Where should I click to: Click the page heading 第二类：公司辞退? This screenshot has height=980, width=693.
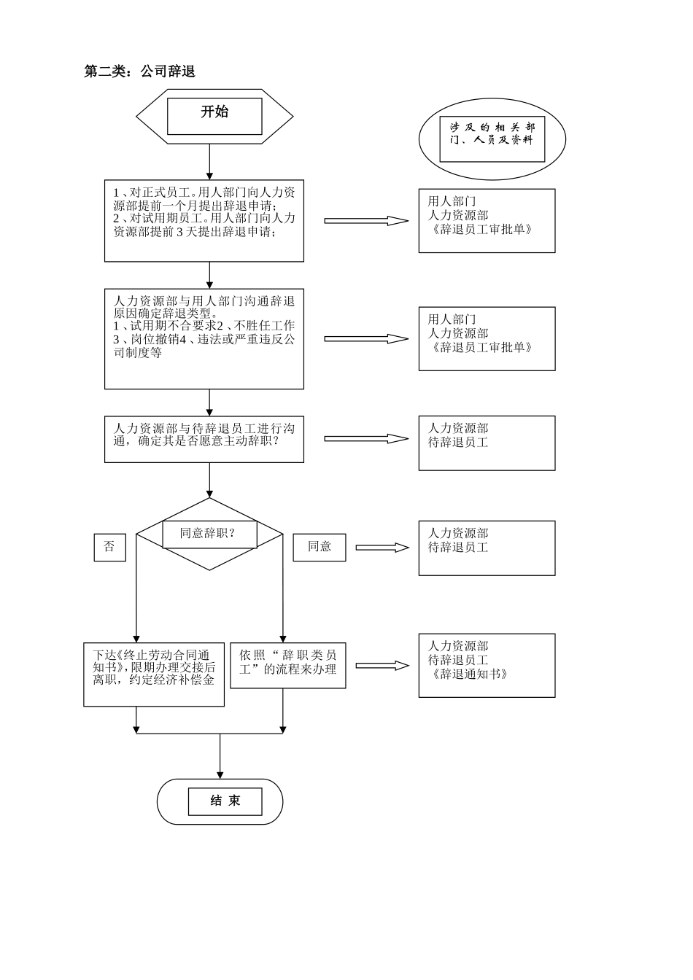[x=139, y=71]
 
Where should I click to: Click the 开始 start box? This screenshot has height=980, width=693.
[x=214, y=116]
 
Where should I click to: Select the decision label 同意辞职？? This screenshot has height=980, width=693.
[x=209, y=534]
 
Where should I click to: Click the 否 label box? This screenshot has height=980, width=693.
[x=109, y=547]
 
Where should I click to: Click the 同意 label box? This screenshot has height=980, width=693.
[x=319, y=547]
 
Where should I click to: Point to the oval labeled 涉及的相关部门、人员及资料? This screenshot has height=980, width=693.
[x=492, y=139]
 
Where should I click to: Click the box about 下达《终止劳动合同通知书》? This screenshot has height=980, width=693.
[x=153, y=674]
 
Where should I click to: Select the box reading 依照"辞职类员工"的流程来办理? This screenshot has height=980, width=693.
[x=287, y=665]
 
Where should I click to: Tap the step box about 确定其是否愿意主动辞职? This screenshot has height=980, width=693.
[x=204, y=440]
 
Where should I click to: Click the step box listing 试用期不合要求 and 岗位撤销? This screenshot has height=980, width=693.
[x=204, y=338]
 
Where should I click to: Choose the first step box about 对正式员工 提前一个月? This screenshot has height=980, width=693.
[x=204, y=220]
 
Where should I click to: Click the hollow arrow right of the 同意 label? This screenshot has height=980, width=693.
[x=382, y=547]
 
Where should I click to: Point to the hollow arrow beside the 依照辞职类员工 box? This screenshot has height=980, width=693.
[x=382, y=665]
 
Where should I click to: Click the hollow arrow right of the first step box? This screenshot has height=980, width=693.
[x=365, y=220]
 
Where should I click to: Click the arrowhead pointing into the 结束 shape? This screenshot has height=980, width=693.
[x=220, y=774]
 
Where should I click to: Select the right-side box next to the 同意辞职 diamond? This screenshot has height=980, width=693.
[x=487, y=548]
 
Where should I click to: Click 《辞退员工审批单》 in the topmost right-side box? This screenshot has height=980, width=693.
[x=481, y=229]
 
